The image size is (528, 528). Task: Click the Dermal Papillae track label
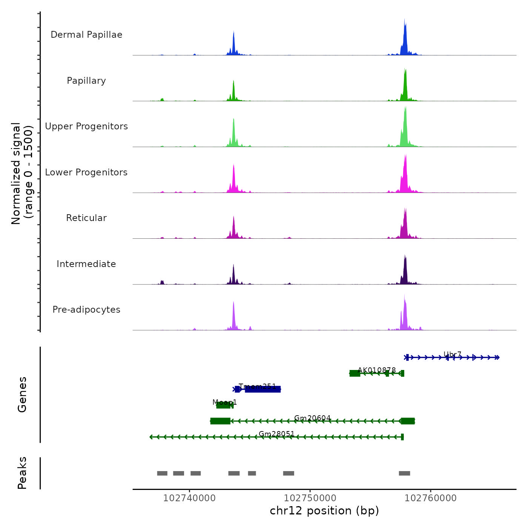(x=86, y=35)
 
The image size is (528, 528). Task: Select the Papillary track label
(x=86, y=81)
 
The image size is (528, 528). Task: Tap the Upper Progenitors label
(x=86, y=126)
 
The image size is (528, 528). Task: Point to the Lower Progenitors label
(x=86, y=172)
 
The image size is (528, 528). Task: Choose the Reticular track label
(x=86, y=218)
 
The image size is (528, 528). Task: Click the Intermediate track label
(x=86, y=264)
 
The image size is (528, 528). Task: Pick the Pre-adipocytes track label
(x=86, y=310)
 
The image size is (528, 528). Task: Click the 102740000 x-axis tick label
(x=189, y=498)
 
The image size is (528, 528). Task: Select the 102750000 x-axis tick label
(x=310, y=498)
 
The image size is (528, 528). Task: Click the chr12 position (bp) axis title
(x=324, y=511)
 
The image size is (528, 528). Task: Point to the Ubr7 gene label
(x=452, y=355)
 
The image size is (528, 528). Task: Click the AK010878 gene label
(x=376, y=370)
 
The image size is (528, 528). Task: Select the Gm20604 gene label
(x=312, y=418)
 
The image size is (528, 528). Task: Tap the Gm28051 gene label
(x=276, y=434)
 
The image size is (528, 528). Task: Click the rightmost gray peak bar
(x=404, y=473)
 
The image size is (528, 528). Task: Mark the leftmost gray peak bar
(x=162, y=473)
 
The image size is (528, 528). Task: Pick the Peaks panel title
(x=22, y=473)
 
